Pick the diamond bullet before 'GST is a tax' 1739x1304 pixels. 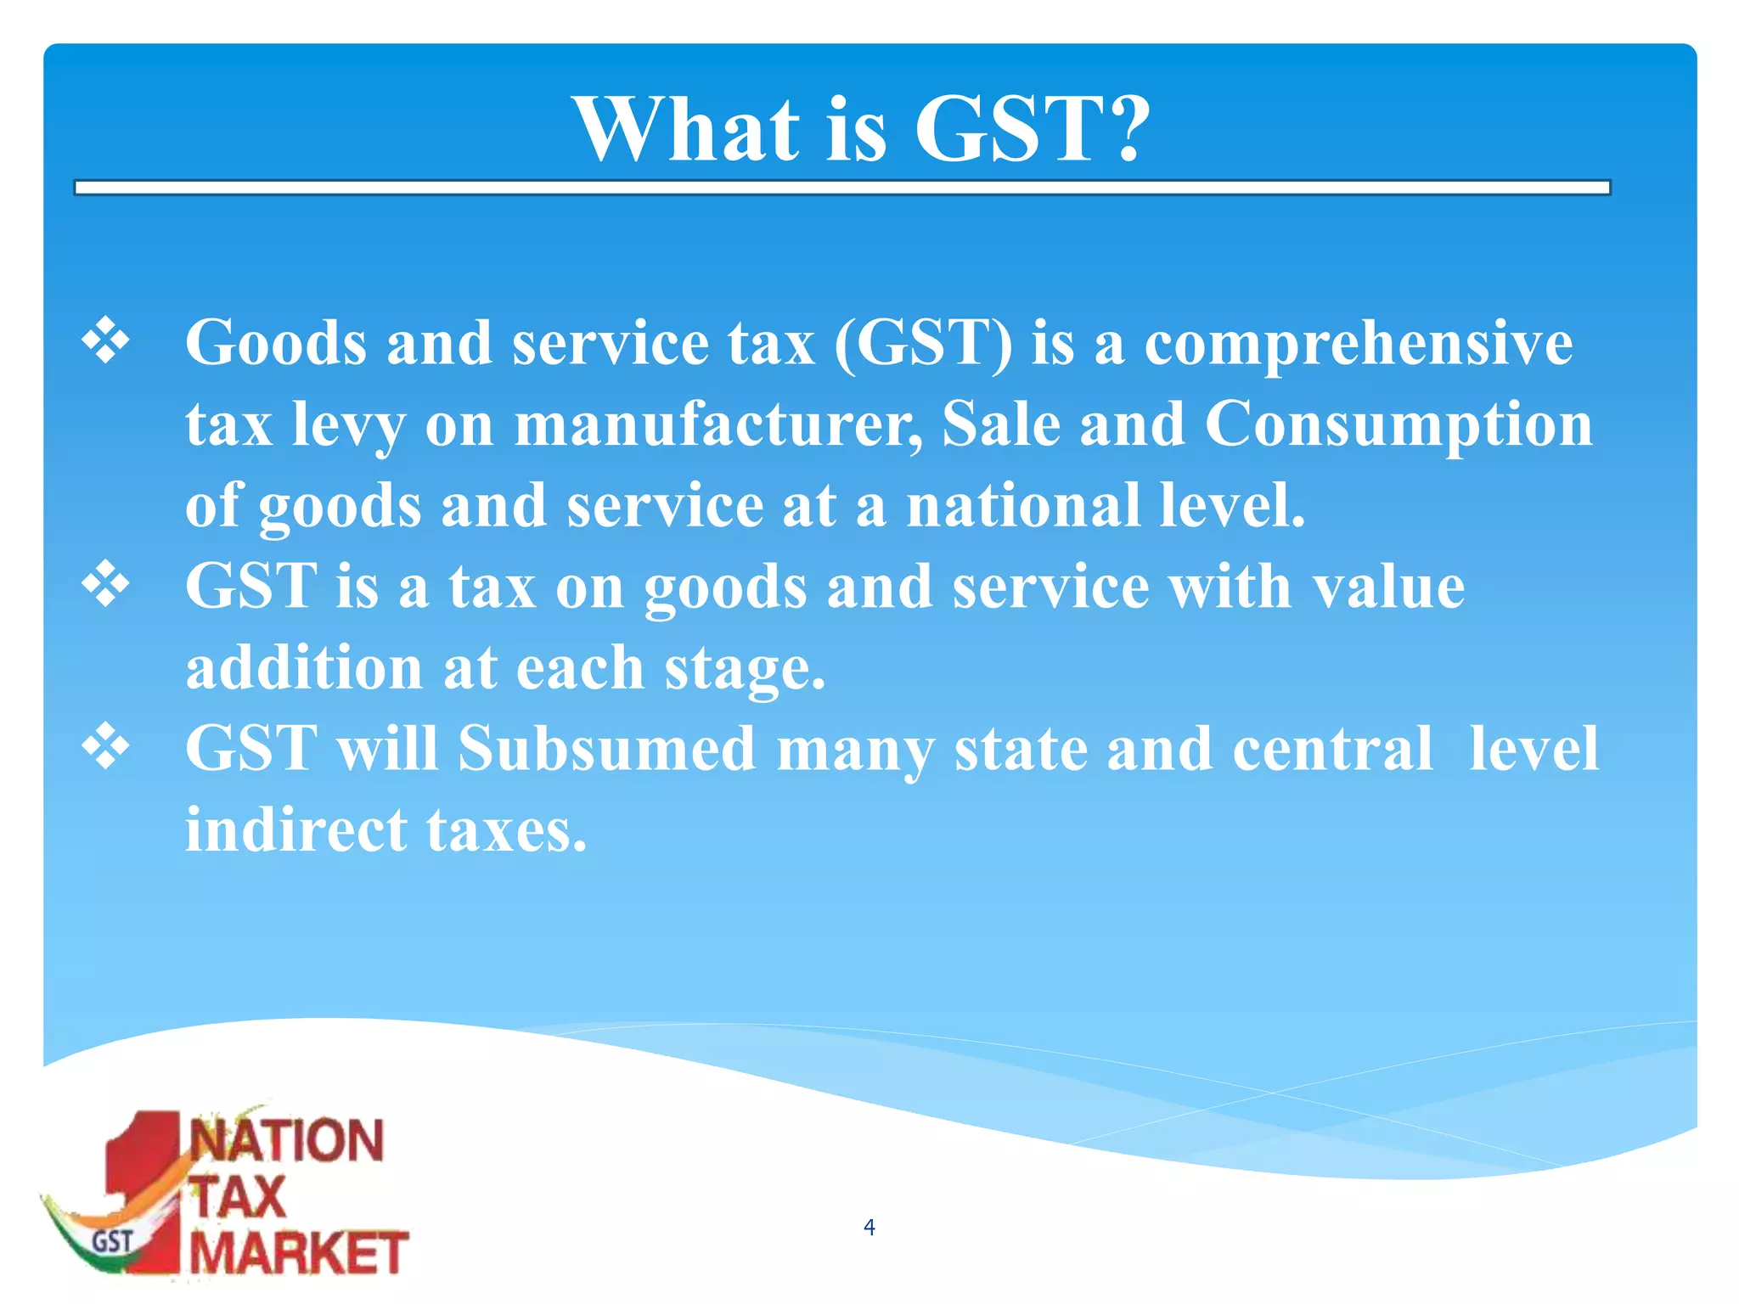(106, 584)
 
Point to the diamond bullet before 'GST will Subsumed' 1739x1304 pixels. (106, 746)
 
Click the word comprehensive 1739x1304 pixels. (1359, 344)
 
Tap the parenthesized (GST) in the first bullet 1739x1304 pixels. (924, 344)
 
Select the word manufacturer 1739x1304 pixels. (718, 424)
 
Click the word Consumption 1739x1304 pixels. (1399, 424)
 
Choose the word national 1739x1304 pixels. (1023, 505)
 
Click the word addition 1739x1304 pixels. (304, 667)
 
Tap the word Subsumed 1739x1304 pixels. (606, 749)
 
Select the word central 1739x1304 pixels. (1332, 749)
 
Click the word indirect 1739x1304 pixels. (296, 829)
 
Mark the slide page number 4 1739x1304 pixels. (869, 1227)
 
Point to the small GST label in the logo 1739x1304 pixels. (113, 1242)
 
